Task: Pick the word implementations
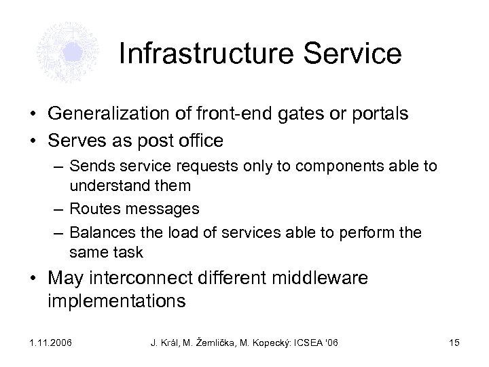117,301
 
